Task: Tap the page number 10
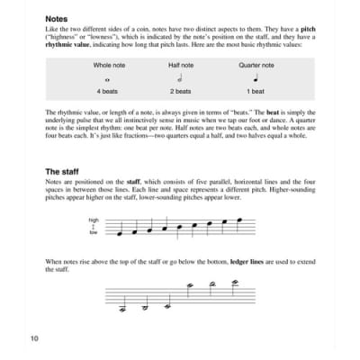click(32, 338)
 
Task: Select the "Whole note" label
click(112, 66)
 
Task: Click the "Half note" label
click(182, 66)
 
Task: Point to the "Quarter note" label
click(256, 66)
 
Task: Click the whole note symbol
click(112, 79)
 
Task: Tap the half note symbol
click(182, 78)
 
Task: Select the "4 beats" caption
click(112, 94)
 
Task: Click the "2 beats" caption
click(182, 94)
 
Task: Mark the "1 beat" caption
click(256, 94)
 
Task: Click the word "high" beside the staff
click(94, 220)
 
